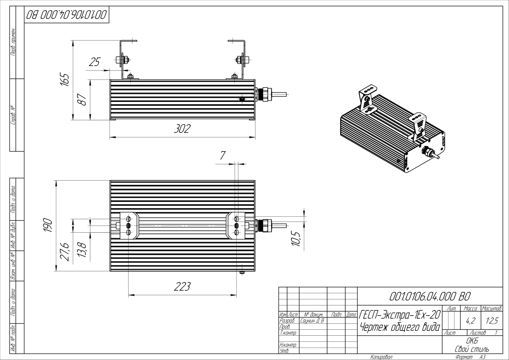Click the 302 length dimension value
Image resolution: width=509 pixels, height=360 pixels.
click(x=182, y=129)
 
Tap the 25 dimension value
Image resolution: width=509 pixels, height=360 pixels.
click(x=94, y=62)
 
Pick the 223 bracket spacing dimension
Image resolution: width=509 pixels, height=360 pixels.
click(x=182, y=287)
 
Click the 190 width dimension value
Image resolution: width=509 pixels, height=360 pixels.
click(x=47, y=226)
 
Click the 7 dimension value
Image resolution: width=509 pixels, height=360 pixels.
click(x=222, y=156)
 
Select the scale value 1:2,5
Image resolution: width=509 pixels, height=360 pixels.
click(x=491, y=319)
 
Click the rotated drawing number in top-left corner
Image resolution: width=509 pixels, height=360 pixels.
click(x=66, y=16)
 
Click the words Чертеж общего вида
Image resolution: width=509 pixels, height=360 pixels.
click(x=400, y=327)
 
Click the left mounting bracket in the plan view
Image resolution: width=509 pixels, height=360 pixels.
click(x=129, y=226)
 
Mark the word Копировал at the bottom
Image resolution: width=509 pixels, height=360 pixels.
click(x=381, y=357)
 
